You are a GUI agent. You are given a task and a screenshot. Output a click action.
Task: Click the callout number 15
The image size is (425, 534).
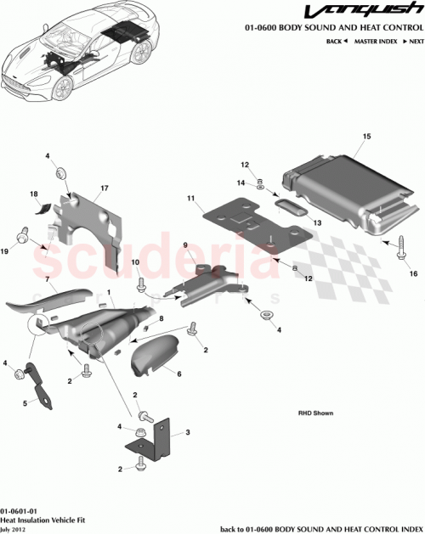(367, 136)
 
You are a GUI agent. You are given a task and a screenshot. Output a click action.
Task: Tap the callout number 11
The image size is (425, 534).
(193, 200)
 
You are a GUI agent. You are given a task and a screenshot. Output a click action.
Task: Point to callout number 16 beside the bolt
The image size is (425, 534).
(415, 273)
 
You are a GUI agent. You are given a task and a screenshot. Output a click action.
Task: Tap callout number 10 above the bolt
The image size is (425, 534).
(136, 264)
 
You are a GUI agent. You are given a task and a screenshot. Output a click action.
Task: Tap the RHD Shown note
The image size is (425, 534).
(315, 413)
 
